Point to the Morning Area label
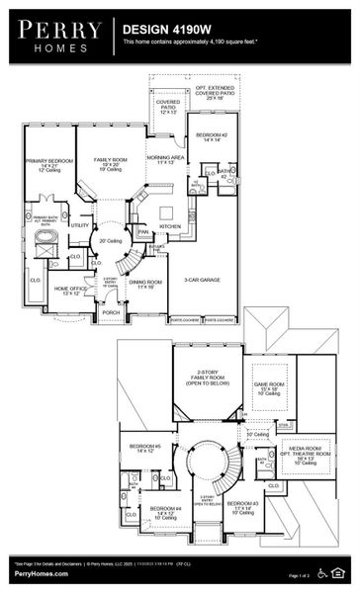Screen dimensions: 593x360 [164, 158]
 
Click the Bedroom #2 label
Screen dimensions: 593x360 [213, 137]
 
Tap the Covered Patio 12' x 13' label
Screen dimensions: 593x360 [167, 107]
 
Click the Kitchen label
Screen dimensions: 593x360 [170, 226]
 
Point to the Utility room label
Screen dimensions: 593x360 [79, 224]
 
